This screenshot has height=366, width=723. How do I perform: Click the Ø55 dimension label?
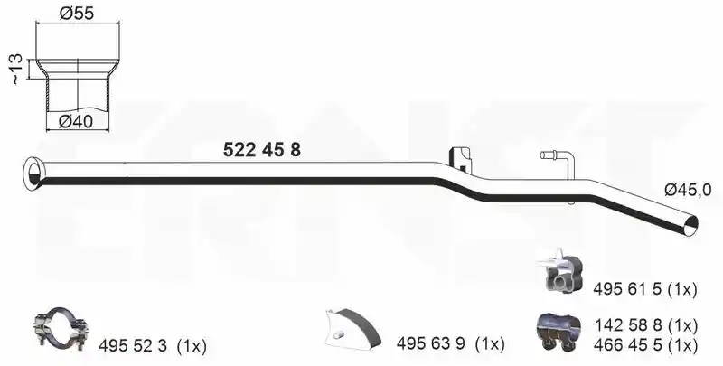coord(77,14)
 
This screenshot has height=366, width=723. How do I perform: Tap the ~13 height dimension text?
coord(15,70)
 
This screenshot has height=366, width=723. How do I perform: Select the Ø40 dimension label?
coord(76,122)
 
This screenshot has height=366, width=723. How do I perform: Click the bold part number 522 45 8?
coord(262,150)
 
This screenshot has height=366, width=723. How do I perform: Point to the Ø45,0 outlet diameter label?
coord(688,190)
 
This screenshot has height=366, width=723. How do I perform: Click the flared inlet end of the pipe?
coord(33,174)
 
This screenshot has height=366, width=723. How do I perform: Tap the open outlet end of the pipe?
coord(690,224)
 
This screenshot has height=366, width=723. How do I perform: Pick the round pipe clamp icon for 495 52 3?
coord(61,328)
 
